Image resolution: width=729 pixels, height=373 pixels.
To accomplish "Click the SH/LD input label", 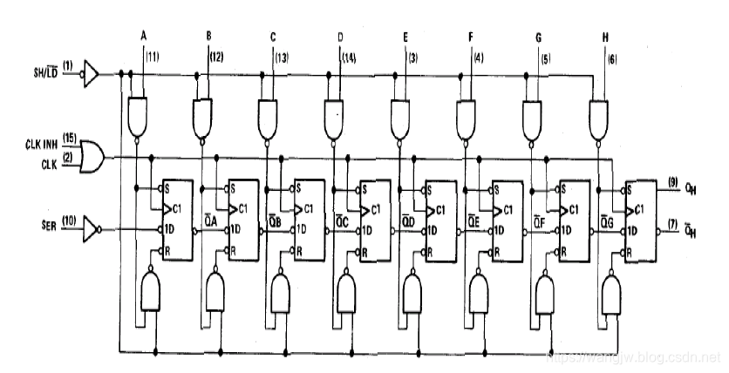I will click(40, 72).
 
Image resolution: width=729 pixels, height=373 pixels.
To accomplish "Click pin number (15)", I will click(69, 138).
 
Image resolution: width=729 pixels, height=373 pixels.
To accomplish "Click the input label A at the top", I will click(142, 36).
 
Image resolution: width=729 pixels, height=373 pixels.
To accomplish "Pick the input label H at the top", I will click(603, 36).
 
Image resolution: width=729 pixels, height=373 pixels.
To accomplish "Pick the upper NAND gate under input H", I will click(599, 114).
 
